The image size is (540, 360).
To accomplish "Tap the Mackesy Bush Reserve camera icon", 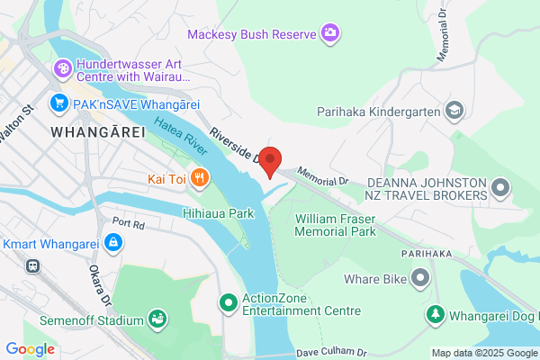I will [x=331, y=34].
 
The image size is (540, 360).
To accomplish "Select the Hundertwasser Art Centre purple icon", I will [x=62, y=67].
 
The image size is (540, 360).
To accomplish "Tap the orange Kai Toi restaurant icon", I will [x=201, y=178].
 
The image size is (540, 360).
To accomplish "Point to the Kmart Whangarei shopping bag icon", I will [x=113, y=242].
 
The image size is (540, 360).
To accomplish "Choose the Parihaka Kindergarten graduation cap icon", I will [x=454, y=112].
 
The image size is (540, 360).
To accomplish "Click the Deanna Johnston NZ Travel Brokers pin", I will [x=499, y=188].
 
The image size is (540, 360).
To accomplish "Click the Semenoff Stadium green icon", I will [x=158, y=319].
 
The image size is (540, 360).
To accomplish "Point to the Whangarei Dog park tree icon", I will [x=436, y=314].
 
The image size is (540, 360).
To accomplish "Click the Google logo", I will [x=29, y=349].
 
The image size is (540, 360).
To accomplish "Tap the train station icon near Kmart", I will [x=33, y=266].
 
